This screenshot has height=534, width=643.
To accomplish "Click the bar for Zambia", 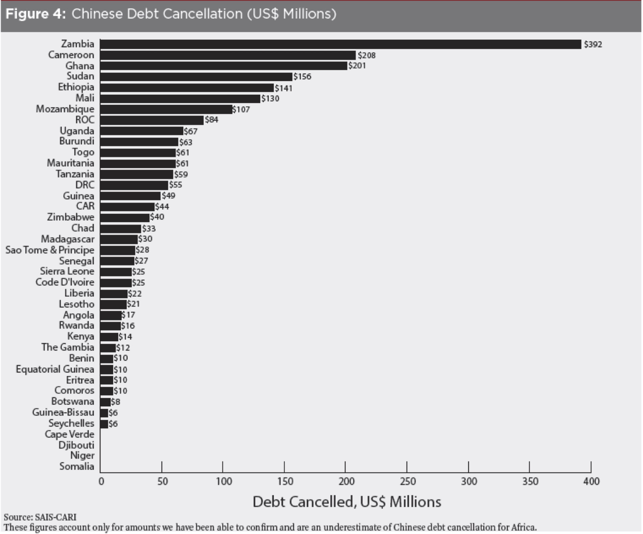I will coord(340,44).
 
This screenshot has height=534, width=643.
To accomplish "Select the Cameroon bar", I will coord(228,55).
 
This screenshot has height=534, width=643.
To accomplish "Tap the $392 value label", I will coord(593,44).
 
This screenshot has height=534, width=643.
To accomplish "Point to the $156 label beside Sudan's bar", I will coord(302,76).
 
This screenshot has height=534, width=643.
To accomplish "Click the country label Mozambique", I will coord(65,109).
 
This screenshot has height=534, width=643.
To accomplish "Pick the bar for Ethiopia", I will coord(187,88).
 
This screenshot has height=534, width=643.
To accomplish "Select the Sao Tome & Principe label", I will coord(50,250).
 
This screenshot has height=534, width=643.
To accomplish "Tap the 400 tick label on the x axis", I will coord(591,481).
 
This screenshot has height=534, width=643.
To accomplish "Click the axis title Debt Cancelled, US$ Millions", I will coord(346,502).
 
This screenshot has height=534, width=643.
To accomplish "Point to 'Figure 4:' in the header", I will coord(35,14).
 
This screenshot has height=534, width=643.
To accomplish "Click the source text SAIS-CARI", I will coord(56,517).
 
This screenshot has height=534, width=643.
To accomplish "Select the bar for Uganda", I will coord(142,131).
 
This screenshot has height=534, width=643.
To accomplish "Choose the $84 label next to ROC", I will coord(211,120).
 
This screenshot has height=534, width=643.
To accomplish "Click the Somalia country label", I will coord(77,466).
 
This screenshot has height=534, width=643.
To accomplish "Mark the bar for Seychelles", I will coord(104,424).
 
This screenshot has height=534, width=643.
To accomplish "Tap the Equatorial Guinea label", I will coord(55,369).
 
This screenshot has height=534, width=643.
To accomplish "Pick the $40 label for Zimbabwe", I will coord(157,217).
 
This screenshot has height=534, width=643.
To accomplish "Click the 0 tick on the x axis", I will coord(101,481).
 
